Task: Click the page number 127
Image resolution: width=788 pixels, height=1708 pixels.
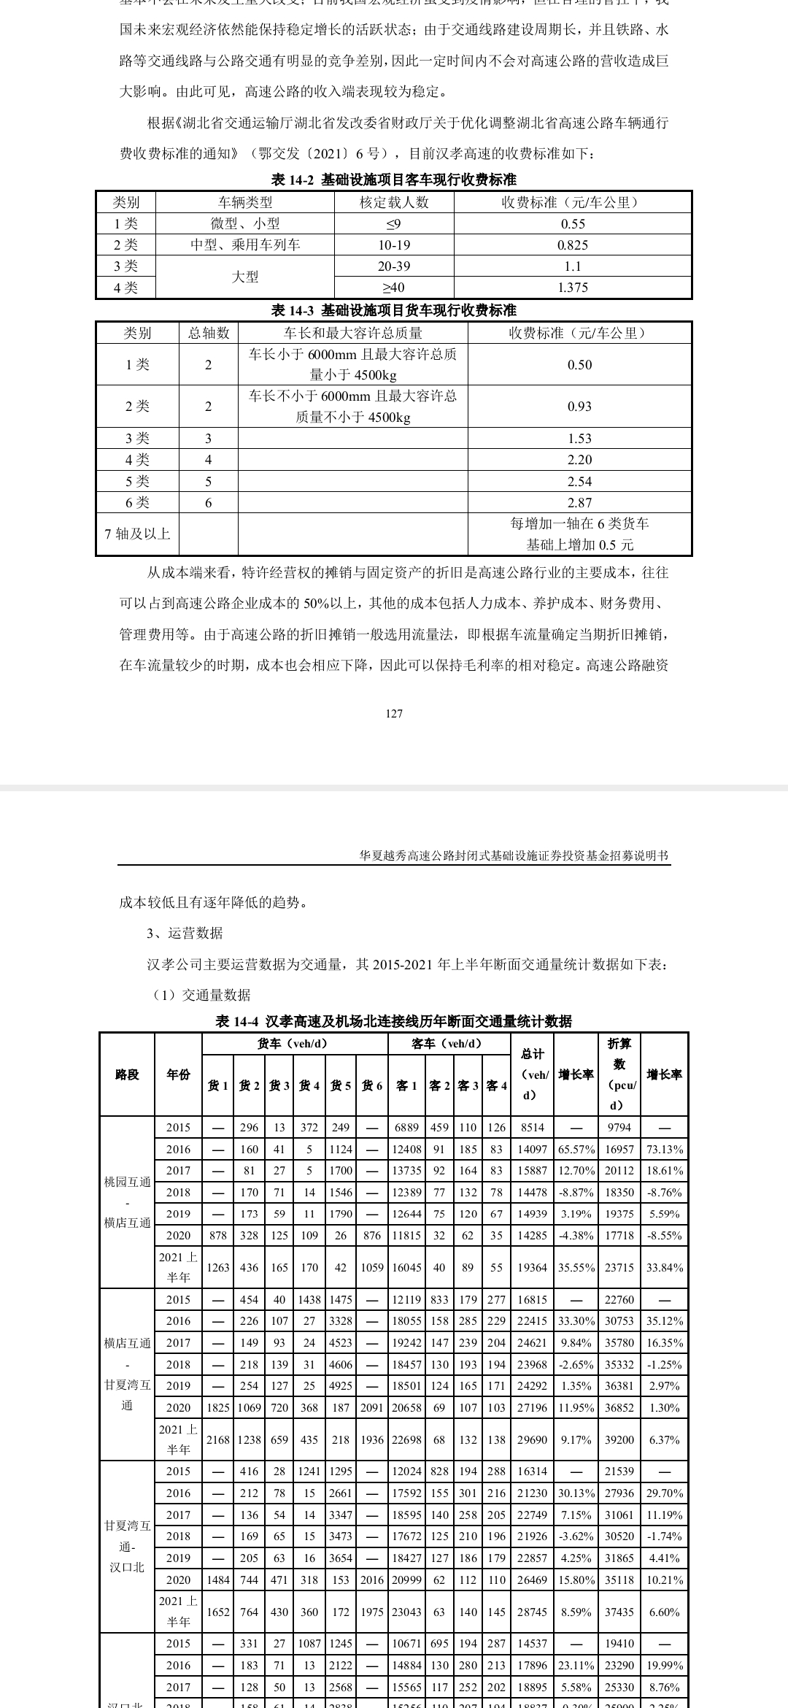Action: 394,713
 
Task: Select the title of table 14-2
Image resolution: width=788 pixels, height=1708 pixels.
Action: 394,180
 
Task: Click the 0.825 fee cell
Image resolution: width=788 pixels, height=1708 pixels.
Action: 573,245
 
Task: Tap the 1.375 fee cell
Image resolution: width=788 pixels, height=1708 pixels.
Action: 573,288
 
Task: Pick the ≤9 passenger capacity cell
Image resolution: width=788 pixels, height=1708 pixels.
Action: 394,224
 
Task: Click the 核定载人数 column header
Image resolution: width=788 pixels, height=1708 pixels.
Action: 394,202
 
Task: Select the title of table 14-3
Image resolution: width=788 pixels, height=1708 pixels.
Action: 394,310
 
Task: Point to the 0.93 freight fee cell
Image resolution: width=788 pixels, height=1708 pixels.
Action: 579,407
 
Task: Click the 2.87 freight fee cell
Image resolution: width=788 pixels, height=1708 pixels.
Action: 579,503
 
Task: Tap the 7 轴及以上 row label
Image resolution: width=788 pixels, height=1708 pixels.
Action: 137,534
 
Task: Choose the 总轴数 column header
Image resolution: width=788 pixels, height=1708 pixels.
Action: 209,334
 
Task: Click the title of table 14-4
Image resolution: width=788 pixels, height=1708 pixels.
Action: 394,1021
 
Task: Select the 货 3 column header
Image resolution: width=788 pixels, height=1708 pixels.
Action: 279,1086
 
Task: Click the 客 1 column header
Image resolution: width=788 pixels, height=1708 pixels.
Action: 406,1086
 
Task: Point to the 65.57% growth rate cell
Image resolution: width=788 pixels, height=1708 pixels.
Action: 576,1149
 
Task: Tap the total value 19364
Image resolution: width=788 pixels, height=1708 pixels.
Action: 533,1268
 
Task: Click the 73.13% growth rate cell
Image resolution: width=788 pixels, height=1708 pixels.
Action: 665,1149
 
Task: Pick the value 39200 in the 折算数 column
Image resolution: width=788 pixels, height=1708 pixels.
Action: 619,1440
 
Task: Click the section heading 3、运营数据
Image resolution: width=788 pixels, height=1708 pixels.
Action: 185,934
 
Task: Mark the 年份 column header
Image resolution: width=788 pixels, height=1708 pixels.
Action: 178,1074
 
